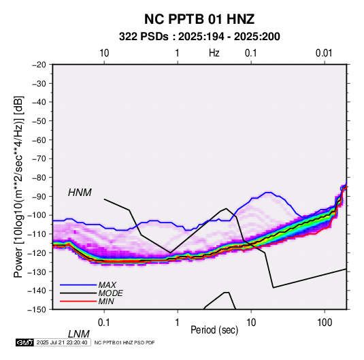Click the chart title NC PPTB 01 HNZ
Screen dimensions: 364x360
199,19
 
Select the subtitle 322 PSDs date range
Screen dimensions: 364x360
199,37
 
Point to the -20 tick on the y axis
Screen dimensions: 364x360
39,65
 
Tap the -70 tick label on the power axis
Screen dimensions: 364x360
39,159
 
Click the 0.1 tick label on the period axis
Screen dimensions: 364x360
104,322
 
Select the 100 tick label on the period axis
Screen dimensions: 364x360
325,322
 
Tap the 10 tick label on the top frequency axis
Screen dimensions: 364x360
104,53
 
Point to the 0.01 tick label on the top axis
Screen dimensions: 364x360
324,53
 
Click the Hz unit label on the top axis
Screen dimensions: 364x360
214,53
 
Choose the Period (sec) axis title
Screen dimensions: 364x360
214,330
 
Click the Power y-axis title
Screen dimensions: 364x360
18,186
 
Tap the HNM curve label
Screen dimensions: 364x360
80,193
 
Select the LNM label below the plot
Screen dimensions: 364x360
79,334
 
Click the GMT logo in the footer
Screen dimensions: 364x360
25,342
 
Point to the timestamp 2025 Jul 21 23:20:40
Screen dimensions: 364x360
62,342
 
